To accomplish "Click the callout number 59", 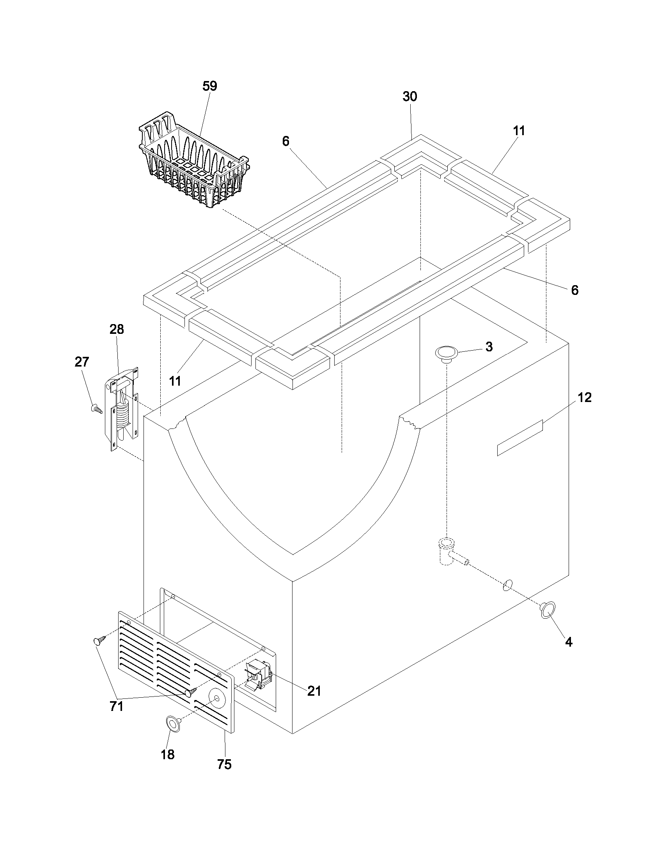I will pyautogui.click(x=210, y=86).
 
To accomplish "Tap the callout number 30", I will pyautogui.click(x=409, y=97).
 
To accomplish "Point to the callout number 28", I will pyautogui.click(x=117, y=329).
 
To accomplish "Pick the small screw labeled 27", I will pyautogui.click(x=96, y=409).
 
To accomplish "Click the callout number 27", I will pyautogui.click(x=82, y=362).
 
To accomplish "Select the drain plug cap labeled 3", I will pyautogui.click(x=446, y=353).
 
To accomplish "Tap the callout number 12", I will pyautogui.click(x=585, y=397).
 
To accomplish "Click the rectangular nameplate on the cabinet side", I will pyautogui.click(x=519, y=437).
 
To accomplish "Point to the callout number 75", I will pyautogui.click(x=224, y=775).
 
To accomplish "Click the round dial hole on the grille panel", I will pyautogui.click(x=216, y=698).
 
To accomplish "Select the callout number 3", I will pyautogui.click(x=489, y=347).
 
